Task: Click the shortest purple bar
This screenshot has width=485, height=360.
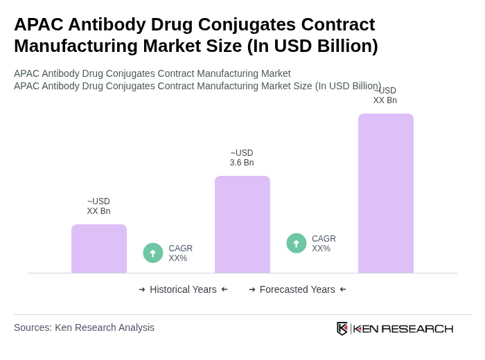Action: tap(99, 249)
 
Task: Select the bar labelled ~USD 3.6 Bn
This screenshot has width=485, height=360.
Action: tap(242, 224)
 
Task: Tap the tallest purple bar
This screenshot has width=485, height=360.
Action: tap(386, 193)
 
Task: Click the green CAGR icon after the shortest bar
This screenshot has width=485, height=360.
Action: tap(153, 253)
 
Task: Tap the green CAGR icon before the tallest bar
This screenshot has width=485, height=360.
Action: tap(297, 243)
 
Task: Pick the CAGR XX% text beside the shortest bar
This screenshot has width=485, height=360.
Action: tap(180, 253)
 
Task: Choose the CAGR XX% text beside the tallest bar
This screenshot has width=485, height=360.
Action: tap(324, 244)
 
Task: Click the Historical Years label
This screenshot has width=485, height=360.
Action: tap(183, 289)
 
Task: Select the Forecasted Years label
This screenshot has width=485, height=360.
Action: tap(297, 289)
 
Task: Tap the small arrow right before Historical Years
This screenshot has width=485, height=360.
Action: tap(142, 289)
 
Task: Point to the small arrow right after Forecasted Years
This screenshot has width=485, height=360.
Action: tap(343, 289)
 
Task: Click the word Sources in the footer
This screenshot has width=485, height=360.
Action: tap(32, 327)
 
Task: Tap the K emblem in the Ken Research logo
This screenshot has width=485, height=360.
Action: tap(342, 328)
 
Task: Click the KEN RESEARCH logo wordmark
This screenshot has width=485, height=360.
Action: tap(403, 329)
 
